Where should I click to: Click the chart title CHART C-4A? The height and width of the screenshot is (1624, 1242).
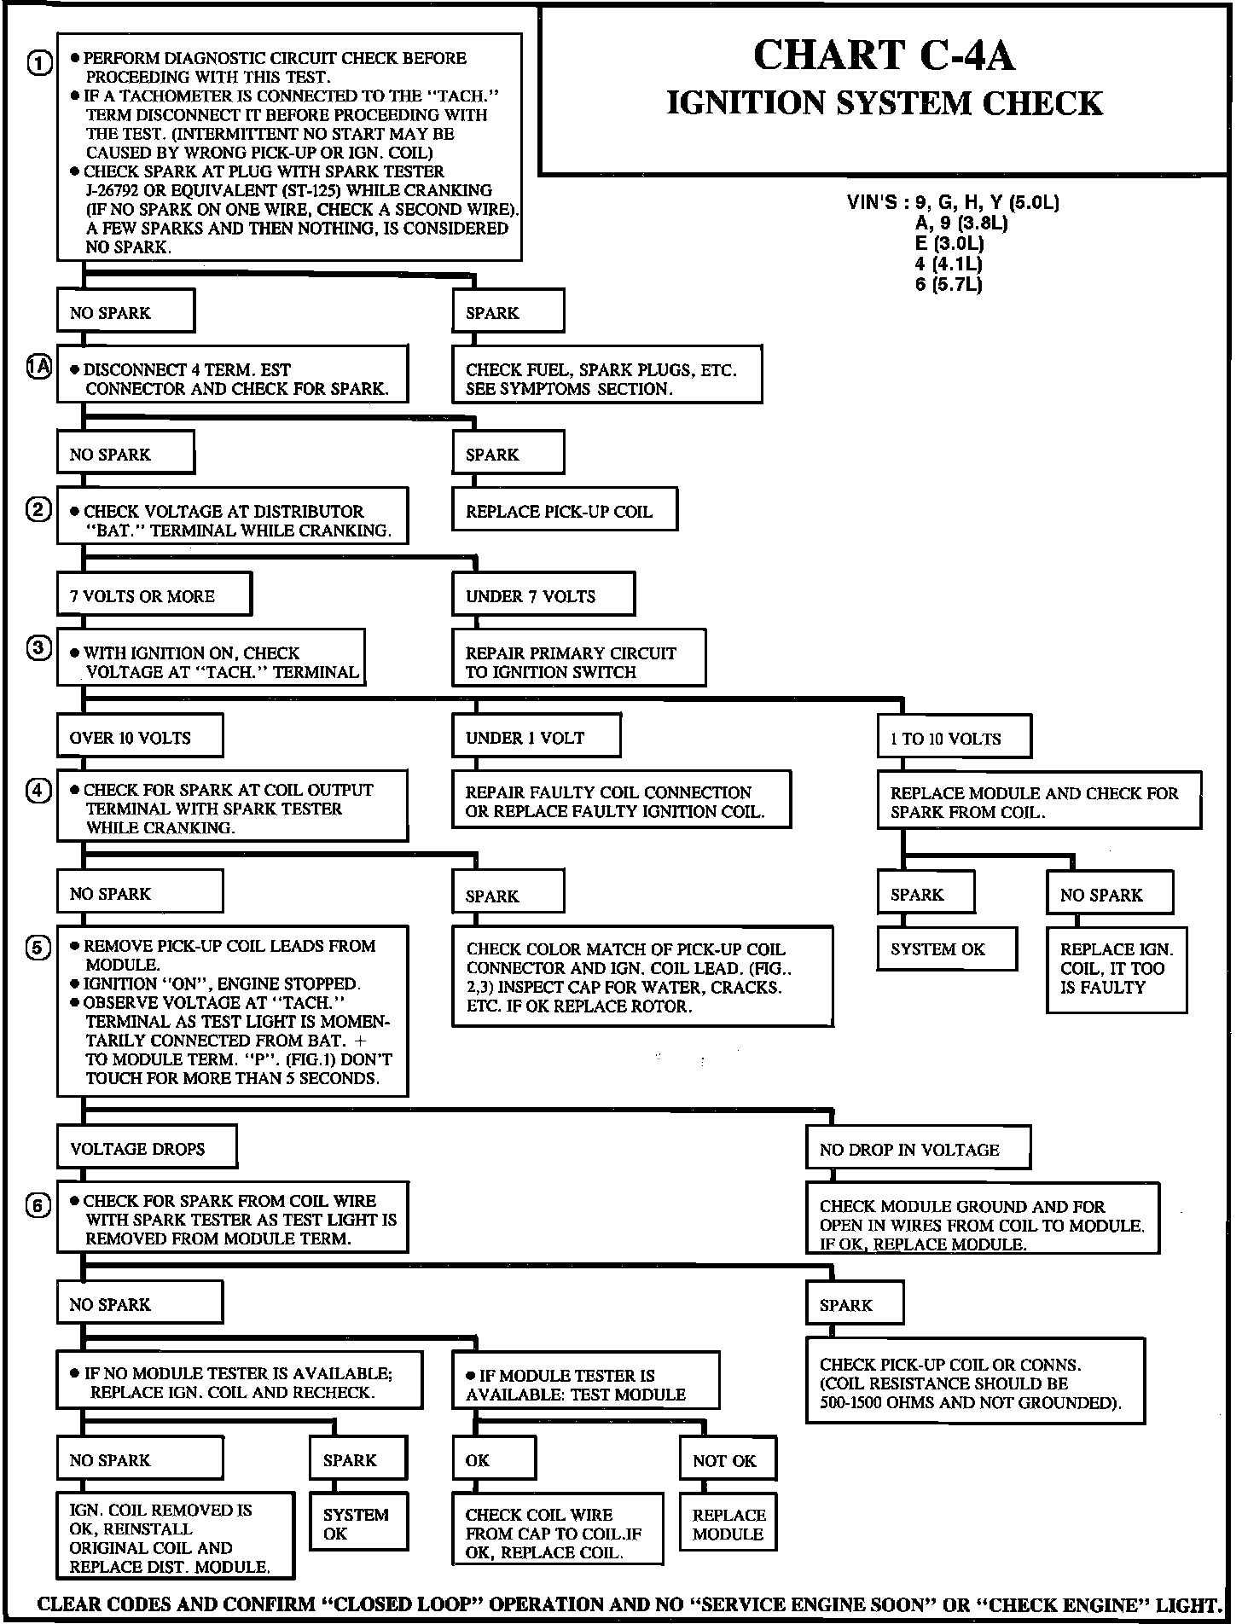884,56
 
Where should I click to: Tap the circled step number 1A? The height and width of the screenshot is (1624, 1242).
39,368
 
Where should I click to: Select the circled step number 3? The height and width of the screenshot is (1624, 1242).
39,647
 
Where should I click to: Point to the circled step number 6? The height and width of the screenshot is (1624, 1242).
39,1206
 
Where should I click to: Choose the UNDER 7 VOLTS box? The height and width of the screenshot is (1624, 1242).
543,595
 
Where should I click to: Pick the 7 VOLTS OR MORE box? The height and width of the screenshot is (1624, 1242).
154,595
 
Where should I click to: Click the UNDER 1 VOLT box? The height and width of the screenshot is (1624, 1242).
535,737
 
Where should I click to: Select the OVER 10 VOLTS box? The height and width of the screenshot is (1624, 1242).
139,737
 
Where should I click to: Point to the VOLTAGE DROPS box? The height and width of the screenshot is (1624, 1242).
146,1148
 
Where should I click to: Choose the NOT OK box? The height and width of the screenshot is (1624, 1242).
728,1460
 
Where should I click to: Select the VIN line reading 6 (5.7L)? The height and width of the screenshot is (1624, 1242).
948,285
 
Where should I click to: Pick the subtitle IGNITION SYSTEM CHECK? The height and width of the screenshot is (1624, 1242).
884,103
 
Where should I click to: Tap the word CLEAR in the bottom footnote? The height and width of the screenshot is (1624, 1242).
70,1604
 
